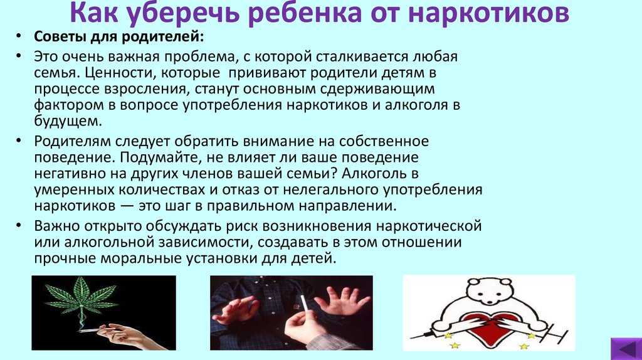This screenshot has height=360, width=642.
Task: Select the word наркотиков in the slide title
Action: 488,13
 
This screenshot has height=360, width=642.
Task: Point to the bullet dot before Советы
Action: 18,36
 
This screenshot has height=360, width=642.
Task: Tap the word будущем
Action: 68,121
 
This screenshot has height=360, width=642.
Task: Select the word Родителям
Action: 72,141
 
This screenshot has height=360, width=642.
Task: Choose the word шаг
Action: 176,206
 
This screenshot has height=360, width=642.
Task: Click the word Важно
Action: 57,226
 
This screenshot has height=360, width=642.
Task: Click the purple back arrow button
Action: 626,349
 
